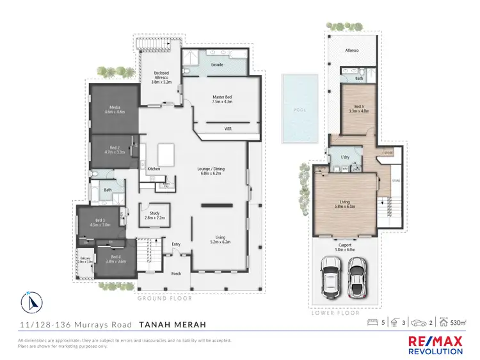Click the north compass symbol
(32, 301)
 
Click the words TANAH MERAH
(173, 325)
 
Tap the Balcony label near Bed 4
(84, 260)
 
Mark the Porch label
(176, 273)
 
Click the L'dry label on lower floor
(345, 157)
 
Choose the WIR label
(227, 129)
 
